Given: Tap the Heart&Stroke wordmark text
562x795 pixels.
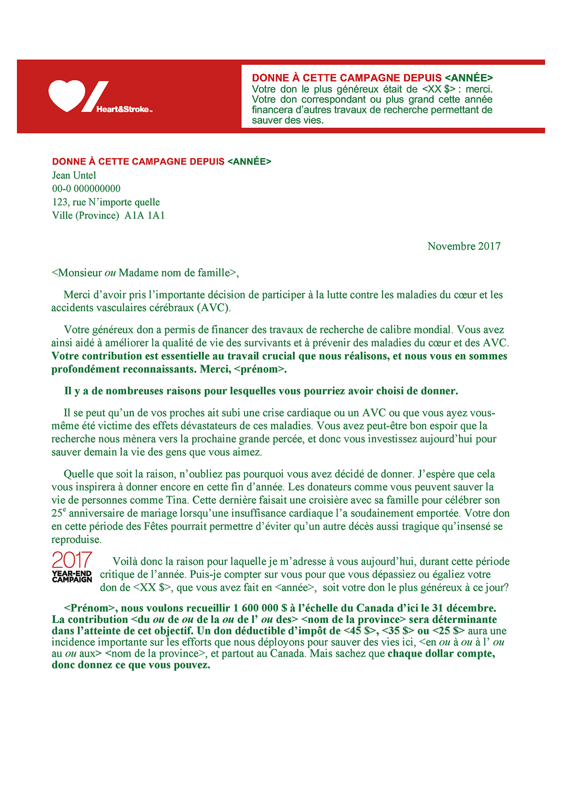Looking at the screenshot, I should pyautogui.click(x=123, y=110).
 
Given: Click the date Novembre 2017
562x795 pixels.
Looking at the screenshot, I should pyautogui.click(x=464, y=246).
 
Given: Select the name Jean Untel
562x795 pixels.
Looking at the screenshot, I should pyautogui.click(x=74, y=175).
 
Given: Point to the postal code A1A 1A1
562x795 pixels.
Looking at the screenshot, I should pyautogui.click(x=145, y=216).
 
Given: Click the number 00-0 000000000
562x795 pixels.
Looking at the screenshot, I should pyautogui.click(x=86, y=189).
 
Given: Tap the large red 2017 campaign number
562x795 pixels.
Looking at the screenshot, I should pyautogui.click(x=72, y=560).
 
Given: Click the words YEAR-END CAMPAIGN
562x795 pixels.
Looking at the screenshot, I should pyautogui.click(x=72, y=576).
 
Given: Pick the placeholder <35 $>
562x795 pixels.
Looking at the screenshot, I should pyautogui.click(x=398, y=631).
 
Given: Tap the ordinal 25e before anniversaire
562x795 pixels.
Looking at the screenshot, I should pyautogui.click(x=58, y=513).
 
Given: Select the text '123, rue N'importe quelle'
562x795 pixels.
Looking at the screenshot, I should pyautogui.click(x=106, y=202).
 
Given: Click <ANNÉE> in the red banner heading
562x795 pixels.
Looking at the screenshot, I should pyautogui.click(x=469, y=78).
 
